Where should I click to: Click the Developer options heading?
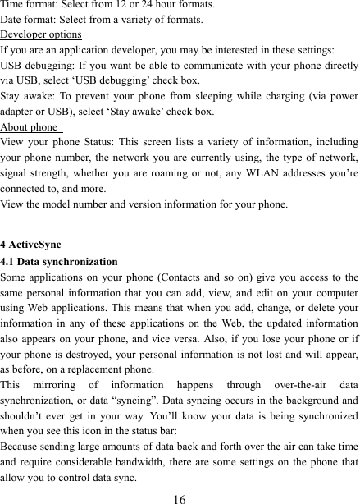click(41, 34)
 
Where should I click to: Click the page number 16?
click(180, 495)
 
